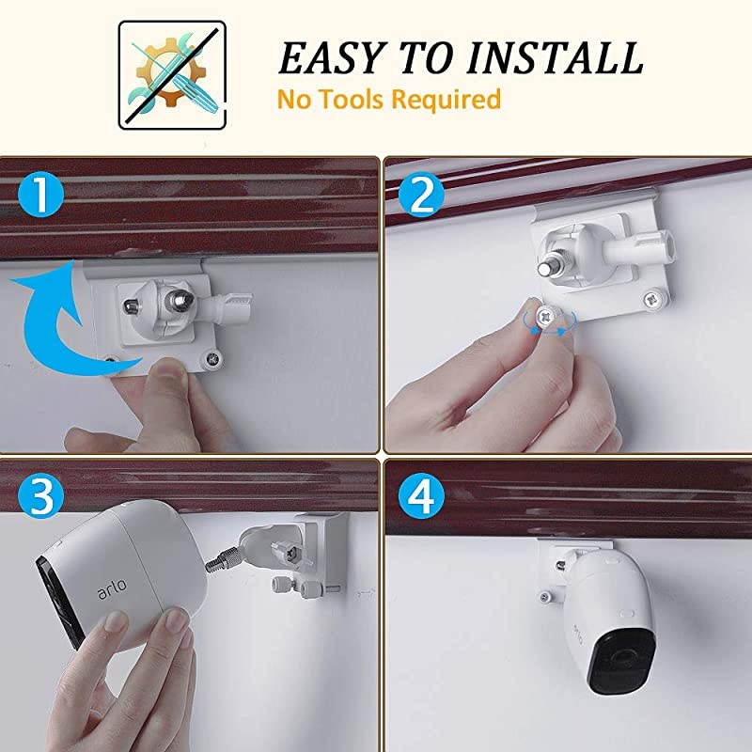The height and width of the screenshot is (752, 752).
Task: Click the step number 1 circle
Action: click(39, 199)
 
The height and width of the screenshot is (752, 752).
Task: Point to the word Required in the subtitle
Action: click(448, 98)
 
